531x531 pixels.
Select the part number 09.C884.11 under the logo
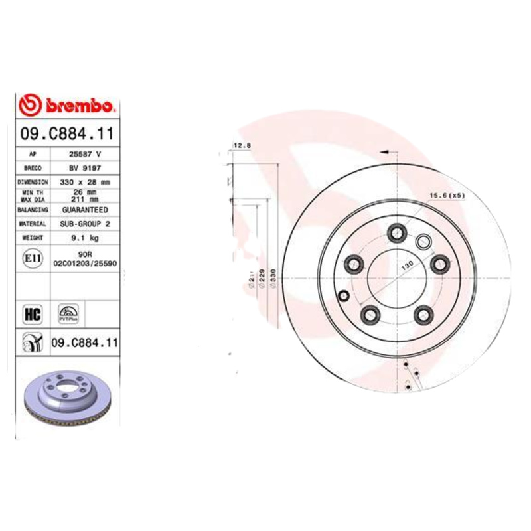[66, 133]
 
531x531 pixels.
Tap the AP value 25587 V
[84, 153]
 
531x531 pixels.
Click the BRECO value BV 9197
[84, 167]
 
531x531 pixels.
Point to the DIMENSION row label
[33, 181]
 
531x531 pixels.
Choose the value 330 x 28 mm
[84, 181]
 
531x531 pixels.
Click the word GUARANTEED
[84, 209]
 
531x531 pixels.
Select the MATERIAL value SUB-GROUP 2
[84, 224]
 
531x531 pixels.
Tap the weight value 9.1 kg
[84, 237]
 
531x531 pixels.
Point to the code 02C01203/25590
[84, 263]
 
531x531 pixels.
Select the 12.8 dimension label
[240, 145]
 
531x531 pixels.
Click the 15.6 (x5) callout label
[445, 195]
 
